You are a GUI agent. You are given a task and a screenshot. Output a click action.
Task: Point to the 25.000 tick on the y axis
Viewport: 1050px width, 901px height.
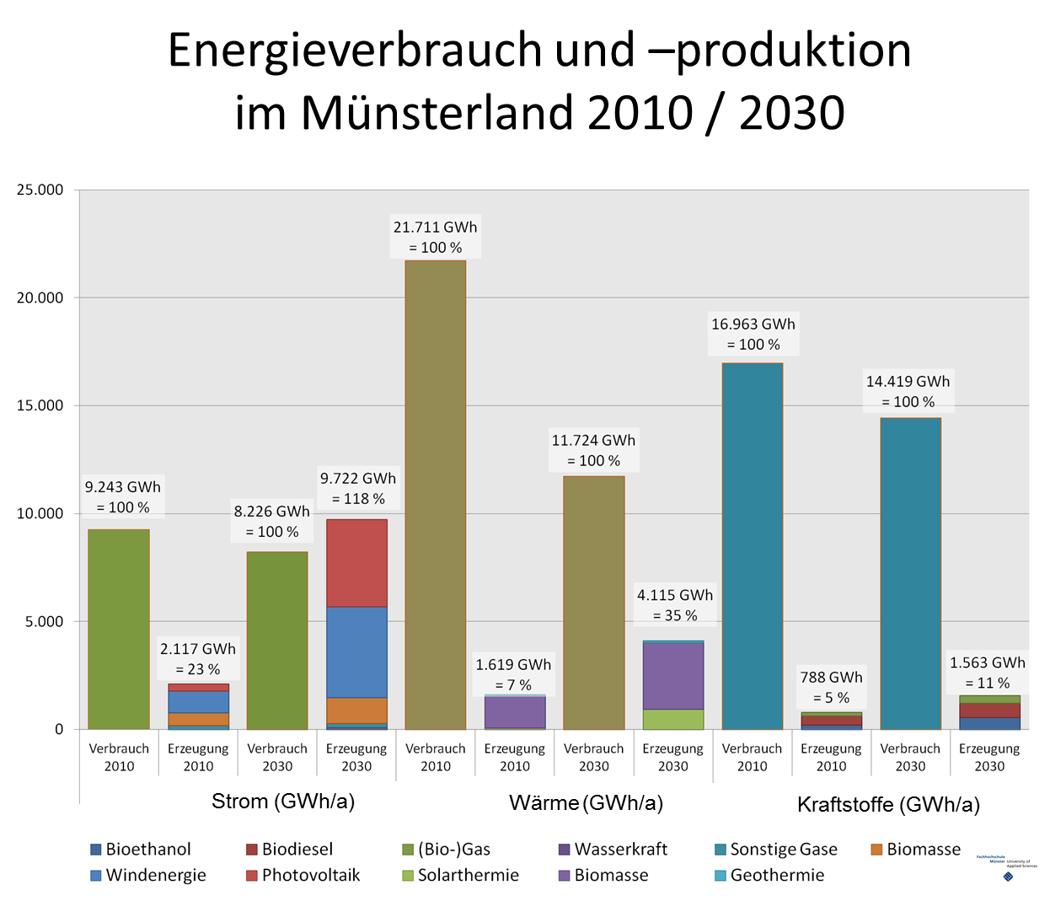pyautogui.click(x=40, y=190)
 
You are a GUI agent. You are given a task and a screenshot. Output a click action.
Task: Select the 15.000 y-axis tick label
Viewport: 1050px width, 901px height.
pyautogui.click(x=40, y=405)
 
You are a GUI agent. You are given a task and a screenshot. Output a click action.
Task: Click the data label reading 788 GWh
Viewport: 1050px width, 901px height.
pyautogui.click(x=831, y=678)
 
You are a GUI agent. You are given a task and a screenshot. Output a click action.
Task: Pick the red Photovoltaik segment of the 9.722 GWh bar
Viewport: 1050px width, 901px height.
pyautogui.click(x=356, y=563)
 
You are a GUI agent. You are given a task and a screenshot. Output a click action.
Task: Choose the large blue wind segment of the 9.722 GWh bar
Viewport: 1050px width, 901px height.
pyautogui.click(x=356, y=652)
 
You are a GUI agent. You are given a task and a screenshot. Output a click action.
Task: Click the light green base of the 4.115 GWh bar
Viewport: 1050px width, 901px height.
pyautogui.click(x=673, y=719)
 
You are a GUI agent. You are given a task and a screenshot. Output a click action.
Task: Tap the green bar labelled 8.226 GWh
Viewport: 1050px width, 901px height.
pyautogui.click(x=277, y=641)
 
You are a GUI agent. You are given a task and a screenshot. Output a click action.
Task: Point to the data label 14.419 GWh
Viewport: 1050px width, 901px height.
pyautogui.click(x=908, y=382)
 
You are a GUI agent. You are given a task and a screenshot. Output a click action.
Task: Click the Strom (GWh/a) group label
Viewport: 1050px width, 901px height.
pyautogui.click(x=282, y=801)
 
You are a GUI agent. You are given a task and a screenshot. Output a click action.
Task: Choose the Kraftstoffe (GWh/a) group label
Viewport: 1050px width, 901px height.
pyautogui.click(x=888, y=804)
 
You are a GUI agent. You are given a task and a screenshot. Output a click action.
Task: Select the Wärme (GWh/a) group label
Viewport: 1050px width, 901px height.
pyautogui.click(x=586, y=802)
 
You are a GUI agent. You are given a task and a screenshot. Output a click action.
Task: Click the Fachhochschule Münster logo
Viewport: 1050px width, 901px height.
pyautogui.click(x=1007, y=867)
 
